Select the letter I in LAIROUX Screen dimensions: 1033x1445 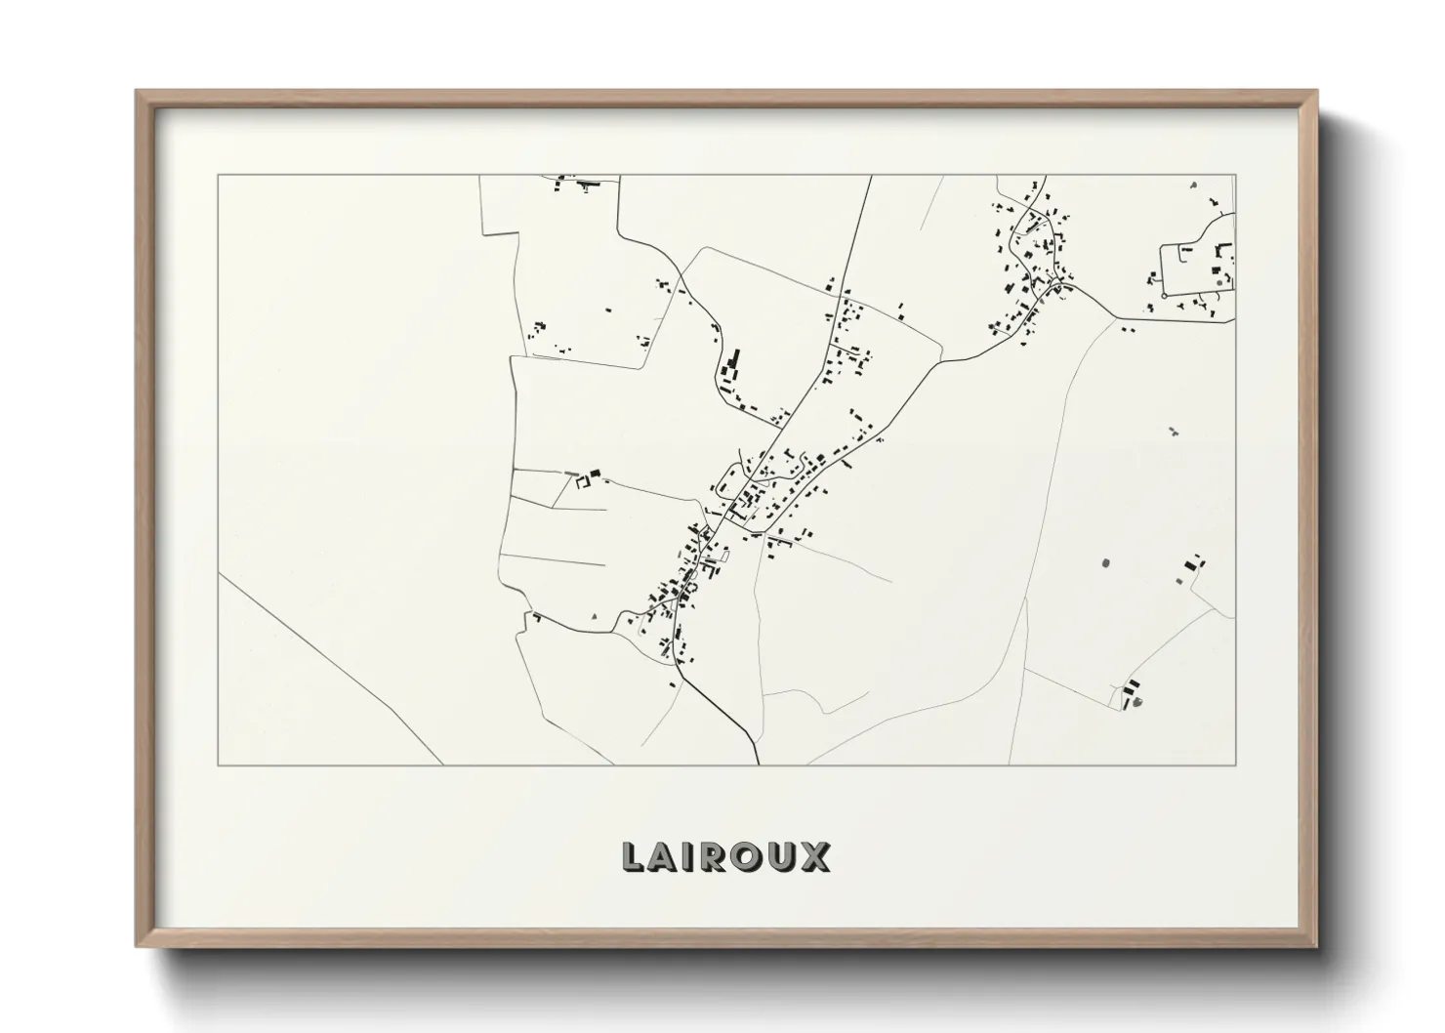tap(689, 857)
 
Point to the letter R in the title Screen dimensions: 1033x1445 tap(715, 857)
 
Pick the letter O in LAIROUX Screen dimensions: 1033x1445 tap(748, 857)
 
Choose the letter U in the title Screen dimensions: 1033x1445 tap(783, 857)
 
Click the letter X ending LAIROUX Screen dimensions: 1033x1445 tap(816, 857)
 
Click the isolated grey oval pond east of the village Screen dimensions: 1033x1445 tap(1105, 562)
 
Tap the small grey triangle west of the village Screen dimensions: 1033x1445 tap(595, 616)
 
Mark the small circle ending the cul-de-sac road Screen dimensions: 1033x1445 tap(1164, 295)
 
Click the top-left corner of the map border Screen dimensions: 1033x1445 tap(218, 176)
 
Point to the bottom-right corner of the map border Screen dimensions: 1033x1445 tap(1235, 764)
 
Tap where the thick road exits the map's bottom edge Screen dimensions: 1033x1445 tap(759, 764)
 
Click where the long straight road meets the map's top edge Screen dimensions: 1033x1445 tap(871, 176)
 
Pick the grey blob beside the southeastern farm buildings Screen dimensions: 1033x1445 tap(1137, 701)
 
